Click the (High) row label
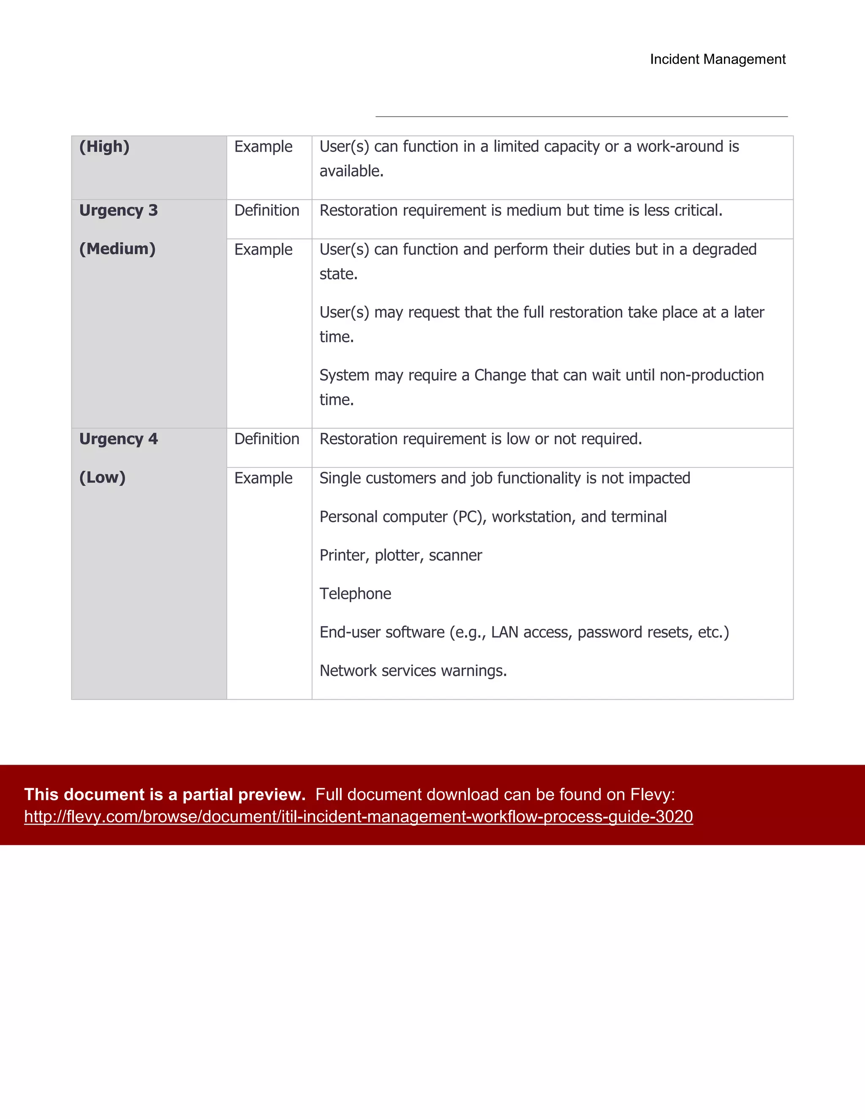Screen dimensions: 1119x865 pos(104,147)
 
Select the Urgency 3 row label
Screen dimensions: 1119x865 pos(118,211)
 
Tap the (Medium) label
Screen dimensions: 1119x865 pos(117,249)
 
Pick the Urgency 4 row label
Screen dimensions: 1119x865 pos(118,439)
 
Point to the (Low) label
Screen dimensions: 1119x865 pos(102,478)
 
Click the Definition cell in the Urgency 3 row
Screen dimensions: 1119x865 pos(267,211)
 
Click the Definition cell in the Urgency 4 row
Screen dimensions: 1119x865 pos(267,439)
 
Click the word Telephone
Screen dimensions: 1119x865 pos(355,594)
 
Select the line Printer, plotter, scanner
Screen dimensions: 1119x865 pos(401,555)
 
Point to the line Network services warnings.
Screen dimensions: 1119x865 pos(413,671)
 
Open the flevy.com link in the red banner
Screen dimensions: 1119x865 pos(358,817)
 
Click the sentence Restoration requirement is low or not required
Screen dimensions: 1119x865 pos(480,439)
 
